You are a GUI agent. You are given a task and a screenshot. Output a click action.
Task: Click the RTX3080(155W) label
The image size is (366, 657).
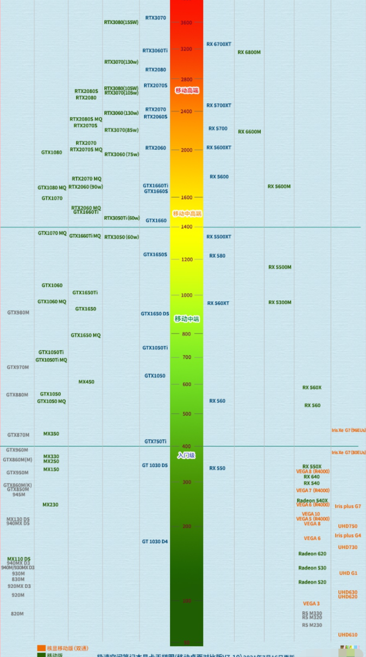point(121,22)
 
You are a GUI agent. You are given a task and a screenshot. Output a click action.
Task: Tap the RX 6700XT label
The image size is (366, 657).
point(218,44)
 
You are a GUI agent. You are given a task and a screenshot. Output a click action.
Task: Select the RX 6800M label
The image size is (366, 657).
point(249,52)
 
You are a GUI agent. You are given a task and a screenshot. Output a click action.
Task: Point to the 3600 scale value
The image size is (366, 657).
point(186,22)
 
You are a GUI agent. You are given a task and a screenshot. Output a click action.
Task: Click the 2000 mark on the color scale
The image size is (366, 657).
point(186,150)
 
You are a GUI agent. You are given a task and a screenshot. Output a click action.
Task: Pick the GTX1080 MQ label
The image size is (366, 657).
point(52,188)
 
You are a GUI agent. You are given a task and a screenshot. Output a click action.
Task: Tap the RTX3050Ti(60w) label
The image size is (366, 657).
point(122,218)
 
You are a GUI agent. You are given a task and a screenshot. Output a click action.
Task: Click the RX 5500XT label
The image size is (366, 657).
point(218,237)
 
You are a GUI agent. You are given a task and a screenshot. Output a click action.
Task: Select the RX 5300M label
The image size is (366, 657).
point(280,302)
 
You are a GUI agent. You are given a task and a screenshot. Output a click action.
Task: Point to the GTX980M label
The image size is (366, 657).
point(18,313)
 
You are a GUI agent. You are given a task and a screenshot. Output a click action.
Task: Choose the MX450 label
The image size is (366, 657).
point(86,382)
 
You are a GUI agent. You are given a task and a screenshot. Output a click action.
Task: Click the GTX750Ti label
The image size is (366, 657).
point(155,441)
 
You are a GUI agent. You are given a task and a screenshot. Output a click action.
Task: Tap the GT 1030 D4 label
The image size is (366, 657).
point(155,542)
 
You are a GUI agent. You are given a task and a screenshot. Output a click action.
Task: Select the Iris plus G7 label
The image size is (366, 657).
point(348,506)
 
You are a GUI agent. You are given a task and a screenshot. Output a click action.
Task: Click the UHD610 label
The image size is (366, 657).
point(348,635)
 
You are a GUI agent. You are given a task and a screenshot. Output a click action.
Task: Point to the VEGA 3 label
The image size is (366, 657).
point(311,604)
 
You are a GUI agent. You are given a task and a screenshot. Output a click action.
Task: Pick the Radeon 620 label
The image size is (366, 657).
point(312,554)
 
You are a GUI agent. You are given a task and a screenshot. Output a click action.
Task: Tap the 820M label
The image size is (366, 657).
point(17,614)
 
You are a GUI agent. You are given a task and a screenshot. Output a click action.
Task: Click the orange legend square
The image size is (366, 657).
point(41,648)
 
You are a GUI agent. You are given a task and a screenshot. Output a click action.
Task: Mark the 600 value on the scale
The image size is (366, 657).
point(186,384)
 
